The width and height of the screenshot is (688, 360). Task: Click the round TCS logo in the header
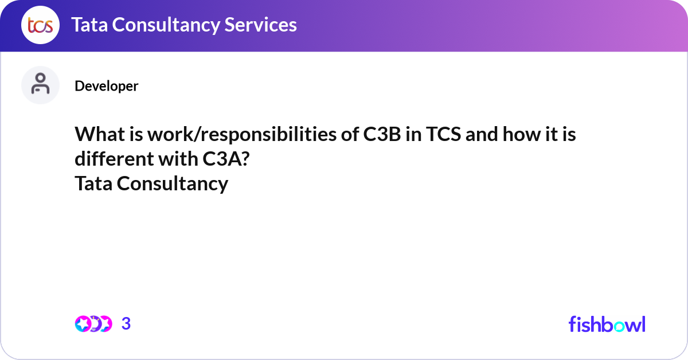coord(40,26)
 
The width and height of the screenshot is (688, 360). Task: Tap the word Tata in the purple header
coord(87,25)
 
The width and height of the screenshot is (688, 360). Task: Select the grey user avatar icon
coord(40,85)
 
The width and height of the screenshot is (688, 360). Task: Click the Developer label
coord(106,86)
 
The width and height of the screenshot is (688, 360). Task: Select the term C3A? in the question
coord(225,159)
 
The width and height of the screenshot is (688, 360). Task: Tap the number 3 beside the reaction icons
coord(126,324)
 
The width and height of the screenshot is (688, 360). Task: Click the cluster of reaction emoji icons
coord(93,324)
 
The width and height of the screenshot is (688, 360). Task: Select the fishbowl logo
coord(607,324)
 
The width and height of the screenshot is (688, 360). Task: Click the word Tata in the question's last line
coord(94,184)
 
